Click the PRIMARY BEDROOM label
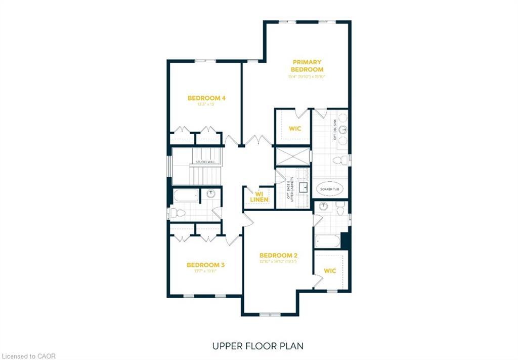[307, 66]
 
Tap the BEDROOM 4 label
[204, 98]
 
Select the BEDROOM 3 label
[205, 265]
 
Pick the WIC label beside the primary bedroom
[295, 129]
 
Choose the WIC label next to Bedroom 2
[330, 271]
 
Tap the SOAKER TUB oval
[330, 189]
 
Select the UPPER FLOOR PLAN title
[258, 346]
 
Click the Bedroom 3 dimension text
[205, 271]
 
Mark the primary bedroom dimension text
[307, 76]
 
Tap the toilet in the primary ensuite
[341, 161]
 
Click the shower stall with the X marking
[292, 156]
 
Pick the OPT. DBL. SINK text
[335, 131]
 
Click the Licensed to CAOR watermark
[28, 356]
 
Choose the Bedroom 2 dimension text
[278, 262]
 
